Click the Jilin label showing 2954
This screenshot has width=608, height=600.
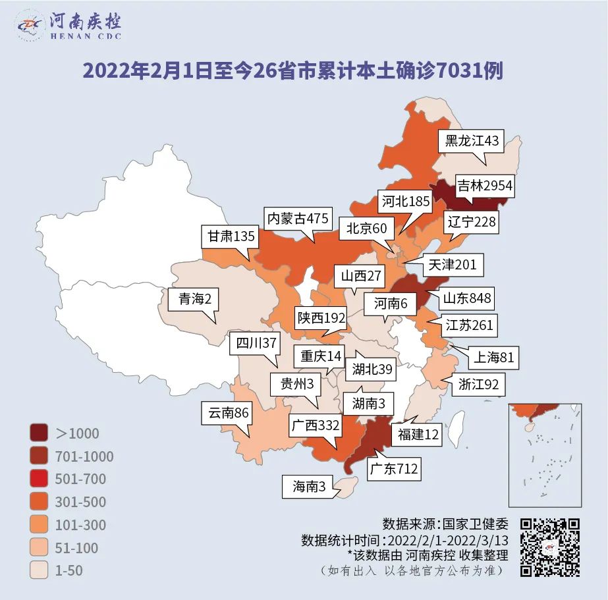pyautogui.click(x=485, y=186)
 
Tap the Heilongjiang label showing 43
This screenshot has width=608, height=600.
pyautogui.click(x=472, y=141)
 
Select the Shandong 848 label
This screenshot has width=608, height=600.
pyautogui.click(x=466, y=298)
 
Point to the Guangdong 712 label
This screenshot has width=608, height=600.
pyautogui.click(x=393, y=469)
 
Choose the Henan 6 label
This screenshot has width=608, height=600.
pyautogui.click(x=391, y=304)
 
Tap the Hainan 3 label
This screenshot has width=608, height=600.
pyautogui.click(x=309, y=487)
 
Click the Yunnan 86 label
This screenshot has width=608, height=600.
pyautogui.click(x=229, y=414)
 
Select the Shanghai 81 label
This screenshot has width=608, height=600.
pyautogui.click(x=494, y=358)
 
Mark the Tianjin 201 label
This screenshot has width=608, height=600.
pyautogui.click(x=451, y=265)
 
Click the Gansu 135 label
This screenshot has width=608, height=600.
pyautogui.click(x=231, y=236)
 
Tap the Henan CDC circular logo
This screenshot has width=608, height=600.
pyautogui.click(x=30, y=26)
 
